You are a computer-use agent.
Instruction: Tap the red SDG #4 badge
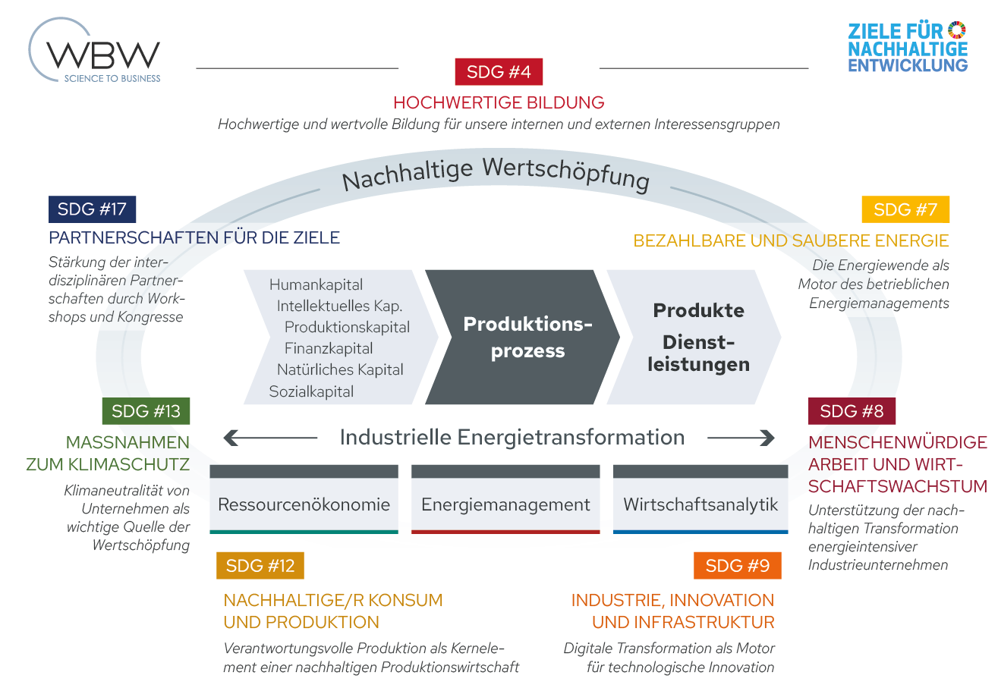click(499, 72)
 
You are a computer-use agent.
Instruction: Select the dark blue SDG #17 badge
click(92, 209)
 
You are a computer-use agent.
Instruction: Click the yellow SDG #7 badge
click(905, 209)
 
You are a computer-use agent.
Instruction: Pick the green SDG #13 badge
click(146, 411)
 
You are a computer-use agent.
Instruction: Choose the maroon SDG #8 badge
click(852, 411)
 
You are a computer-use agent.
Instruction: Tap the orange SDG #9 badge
click(737, 565)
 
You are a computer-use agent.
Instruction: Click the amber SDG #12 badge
click(260, 565)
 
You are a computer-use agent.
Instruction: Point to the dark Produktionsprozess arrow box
click(524, 337)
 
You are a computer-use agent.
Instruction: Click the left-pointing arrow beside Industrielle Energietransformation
click(269, 438)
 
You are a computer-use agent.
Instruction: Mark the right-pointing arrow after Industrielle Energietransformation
click(741, 438)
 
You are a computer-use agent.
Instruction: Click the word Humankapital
click(316, 285)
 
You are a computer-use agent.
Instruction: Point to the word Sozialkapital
click(311, 391)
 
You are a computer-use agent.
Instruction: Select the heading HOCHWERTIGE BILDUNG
click(499, 102)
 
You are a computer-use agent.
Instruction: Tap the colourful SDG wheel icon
click(957, 30)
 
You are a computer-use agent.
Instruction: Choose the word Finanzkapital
click(329, 349)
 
